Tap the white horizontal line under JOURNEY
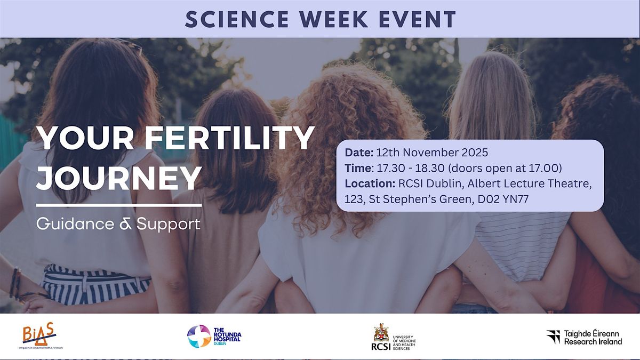pyautogui.click(x=119, y=204)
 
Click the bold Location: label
pyautogui.click(x=369, y=184)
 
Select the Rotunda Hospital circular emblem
pyautogui.click(x=198, y=336)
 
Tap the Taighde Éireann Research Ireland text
pyautogui.click(x=593, y=337)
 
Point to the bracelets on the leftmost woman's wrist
pyautogui.click(x=14, y=283)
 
